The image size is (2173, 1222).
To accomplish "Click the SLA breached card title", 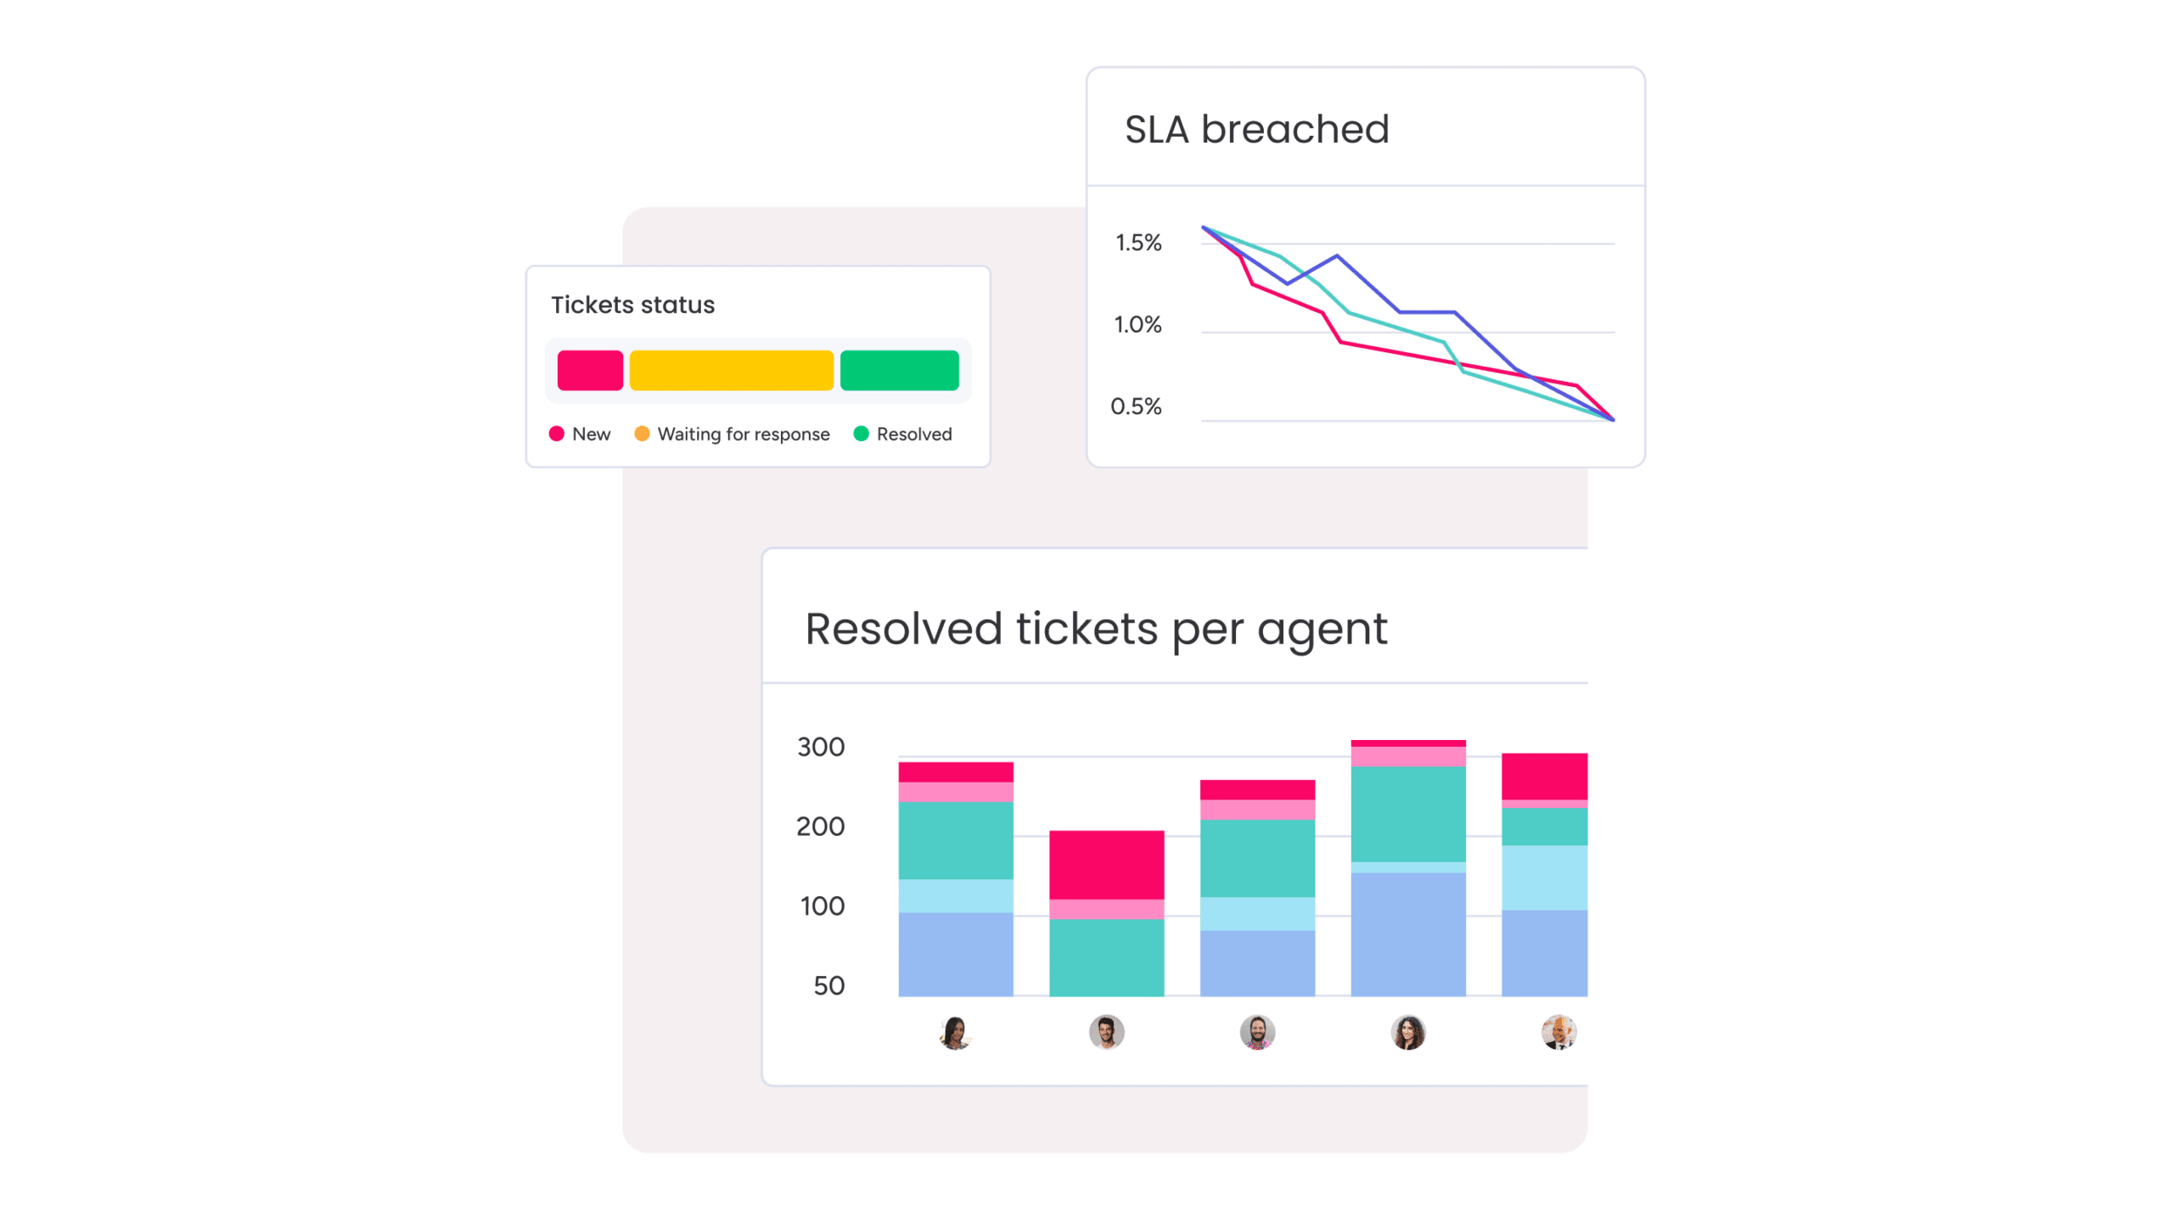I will pyautogui.click(x=1256, y=130).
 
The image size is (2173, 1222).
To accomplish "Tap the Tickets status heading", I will pyautogui.click(x=632, y=305).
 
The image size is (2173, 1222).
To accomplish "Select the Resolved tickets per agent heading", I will pyautogui.click(x=1095, y=629).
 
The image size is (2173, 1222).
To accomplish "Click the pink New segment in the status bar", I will pyautogui.click(x=590, y=370).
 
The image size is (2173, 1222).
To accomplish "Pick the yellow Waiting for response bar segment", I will pyautogui.click(x=731, y=370).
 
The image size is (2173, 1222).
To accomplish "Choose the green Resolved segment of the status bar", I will pyautogui.click(x=899, y=370).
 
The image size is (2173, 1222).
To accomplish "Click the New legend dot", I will pyautogui.click(x=557, y=434).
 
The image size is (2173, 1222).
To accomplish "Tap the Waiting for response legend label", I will pyautogui.click(x=743, y=434).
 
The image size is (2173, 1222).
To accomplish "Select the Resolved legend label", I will pyautogui.click(x=913, y=434).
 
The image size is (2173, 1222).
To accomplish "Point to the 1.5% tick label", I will pyautogui.click(x=1137, y=243).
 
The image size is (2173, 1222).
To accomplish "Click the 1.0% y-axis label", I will pyautogui.click(x=1137, y=324).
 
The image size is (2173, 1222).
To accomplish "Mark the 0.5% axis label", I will pyautogui.click(x=1136, y=406).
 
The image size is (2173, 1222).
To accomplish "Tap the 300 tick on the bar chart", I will pyautogui.click(x=820, y=747).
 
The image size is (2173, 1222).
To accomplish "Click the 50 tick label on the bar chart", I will pyautogui.click(x=828, y=985).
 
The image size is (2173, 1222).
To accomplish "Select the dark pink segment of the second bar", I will pyautogui.click(x=1106, y=864).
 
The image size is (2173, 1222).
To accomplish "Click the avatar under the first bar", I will pyautogui.click(x=956, y=1033).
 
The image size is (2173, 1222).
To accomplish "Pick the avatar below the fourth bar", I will pyautogui.click(x=1407, y=1033).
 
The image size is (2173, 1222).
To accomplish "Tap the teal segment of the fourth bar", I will pyautogui.click(x=1407, y=813).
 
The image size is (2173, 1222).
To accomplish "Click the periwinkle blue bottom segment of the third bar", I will pyautogui.click(x=1257, y=963).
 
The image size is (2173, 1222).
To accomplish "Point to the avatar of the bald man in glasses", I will pyautogui.click(x=1558, y=1033).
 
